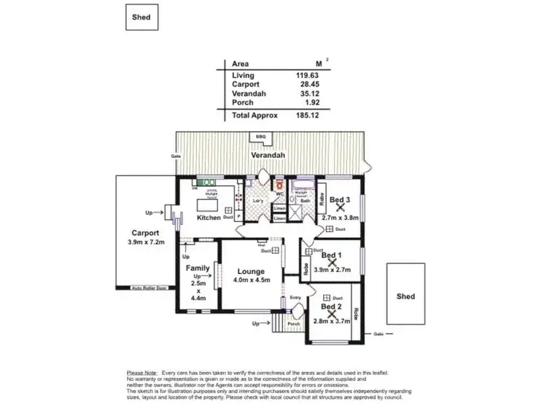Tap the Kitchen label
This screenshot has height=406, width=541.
point(208,217)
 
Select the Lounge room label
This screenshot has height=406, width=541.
point(248,272)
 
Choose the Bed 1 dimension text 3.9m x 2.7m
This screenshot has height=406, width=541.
point(333,270)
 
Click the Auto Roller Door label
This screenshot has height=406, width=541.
point(149,288)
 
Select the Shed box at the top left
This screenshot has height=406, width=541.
point(141,17)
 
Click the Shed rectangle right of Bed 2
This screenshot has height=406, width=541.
point(406,296)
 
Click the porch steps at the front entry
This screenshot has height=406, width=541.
point(279,327)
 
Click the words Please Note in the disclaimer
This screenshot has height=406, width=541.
point(141,373)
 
